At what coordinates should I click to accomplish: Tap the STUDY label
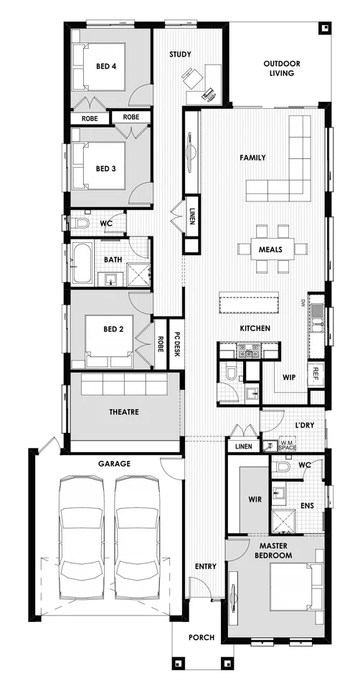(180, 54)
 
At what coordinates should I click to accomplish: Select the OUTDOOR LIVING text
(281, 68)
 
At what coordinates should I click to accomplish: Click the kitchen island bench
(248, 302)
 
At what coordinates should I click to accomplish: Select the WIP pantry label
(289, 377)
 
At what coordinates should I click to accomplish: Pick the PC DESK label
(176, 348)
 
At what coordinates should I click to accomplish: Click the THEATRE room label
(124, 412)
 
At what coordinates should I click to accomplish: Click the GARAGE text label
(114, 464)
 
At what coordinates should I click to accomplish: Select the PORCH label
(202, 637)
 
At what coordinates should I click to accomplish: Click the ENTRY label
(205, 567)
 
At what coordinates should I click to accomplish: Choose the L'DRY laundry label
(305, 425)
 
